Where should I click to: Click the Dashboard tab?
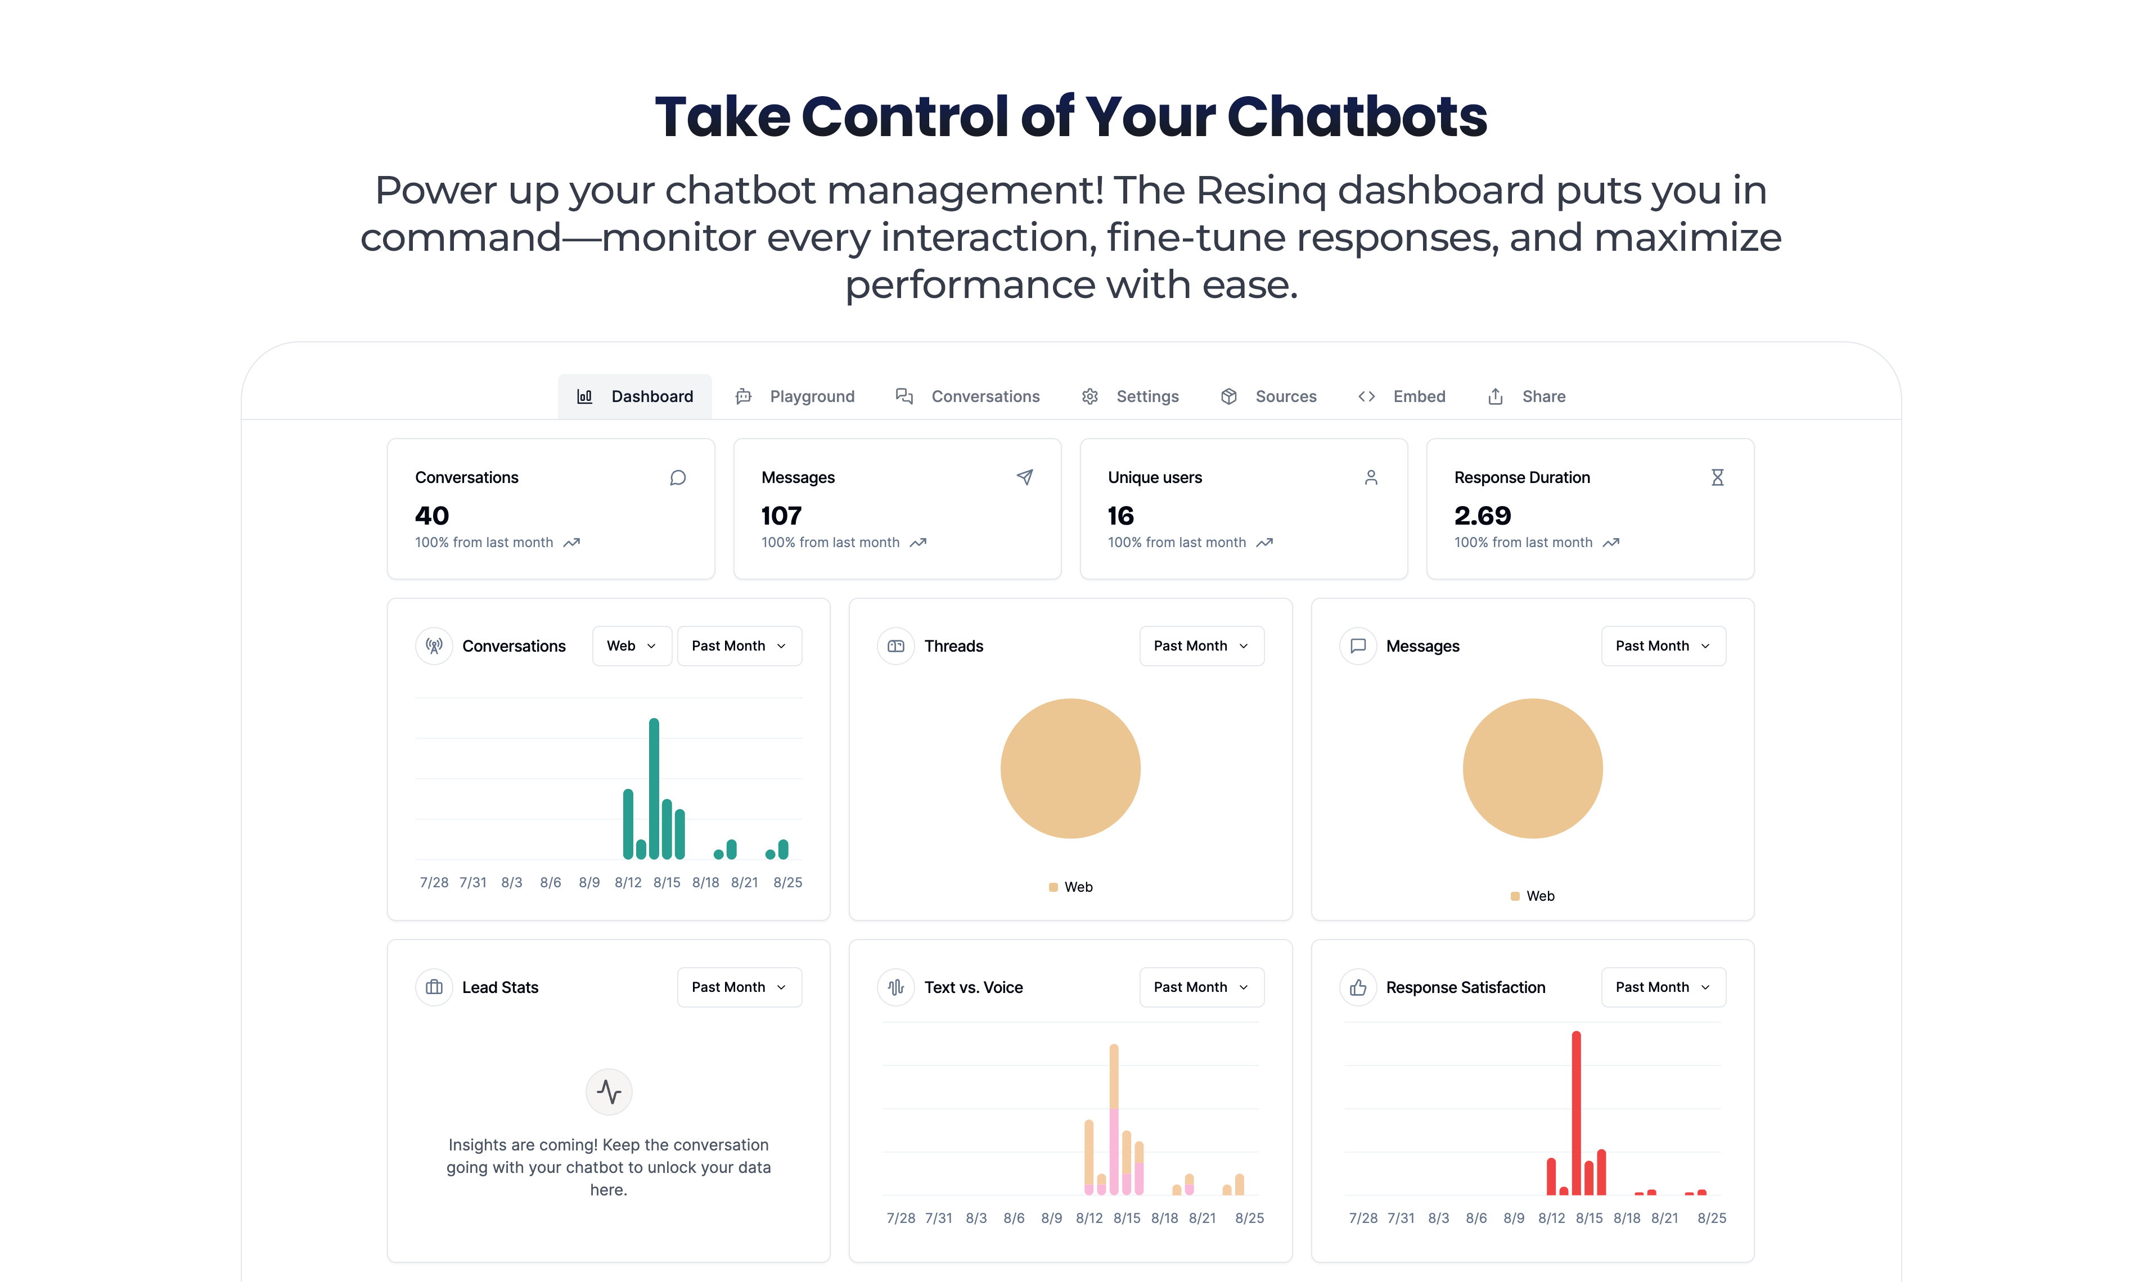tap(635, 396)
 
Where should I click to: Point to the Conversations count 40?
tap(432, 516)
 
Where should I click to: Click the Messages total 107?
tap(781, 516)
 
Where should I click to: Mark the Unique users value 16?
tap(1121, 516)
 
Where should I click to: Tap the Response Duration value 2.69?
tap(1483, 516)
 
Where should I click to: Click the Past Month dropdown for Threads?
tap(1201, 646)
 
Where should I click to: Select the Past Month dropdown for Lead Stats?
tap(739, 987)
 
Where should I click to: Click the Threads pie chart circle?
tap(1070, 768)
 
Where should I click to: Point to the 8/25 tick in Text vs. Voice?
tap(1249, 1218)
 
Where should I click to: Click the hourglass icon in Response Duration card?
tap(1717, 478)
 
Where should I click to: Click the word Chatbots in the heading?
tap(1357, 116)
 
